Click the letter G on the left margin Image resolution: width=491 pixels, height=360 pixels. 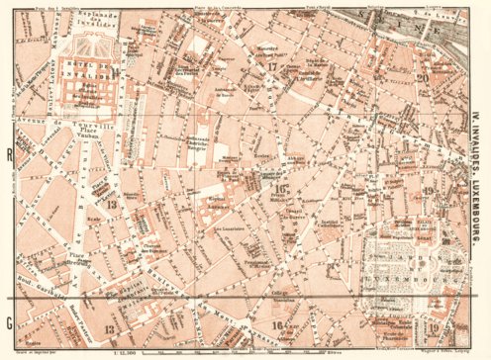pos(9,321)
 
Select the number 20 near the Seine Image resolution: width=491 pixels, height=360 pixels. pos(423,78)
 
